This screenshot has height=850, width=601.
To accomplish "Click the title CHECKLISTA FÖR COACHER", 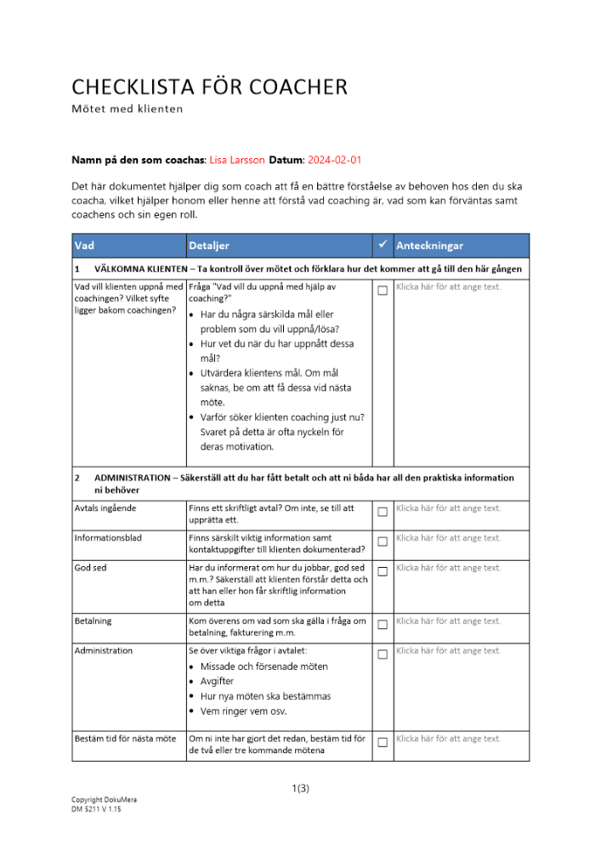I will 209,87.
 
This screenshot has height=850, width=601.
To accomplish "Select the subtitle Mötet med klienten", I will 127,109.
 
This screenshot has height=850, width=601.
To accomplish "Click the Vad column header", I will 84,246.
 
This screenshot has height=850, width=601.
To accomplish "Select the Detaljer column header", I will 209,246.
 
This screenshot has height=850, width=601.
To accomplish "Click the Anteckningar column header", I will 429,246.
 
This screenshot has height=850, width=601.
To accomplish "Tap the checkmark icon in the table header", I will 383,245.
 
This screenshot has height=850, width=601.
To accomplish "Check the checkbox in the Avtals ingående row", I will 383,512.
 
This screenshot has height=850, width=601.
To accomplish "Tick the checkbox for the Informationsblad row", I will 383,541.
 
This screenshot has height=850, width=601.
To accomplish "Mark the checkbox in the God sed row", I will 383,571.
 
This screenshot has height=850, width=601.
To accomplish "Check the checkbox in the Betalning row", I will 383,625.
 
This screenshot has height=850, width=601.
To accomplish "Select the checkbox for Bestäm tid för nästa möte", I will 383,742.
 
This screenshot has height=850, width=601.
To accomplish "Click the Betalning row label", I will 94,621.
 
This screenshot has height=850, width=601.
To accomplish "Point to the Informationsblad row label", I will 108,538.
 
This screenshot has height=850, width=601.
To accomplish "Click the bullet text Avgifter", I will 217,682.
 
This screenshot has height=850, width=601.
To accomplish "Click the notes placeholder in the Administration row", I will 449,651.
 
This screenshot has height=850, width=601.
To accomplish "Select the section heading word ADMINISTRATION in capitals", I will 132,478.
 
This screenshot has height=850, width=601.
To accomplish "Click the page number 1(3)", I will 300,788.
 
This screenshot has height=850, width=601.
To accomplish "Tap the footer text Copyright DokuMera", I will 104,801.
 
